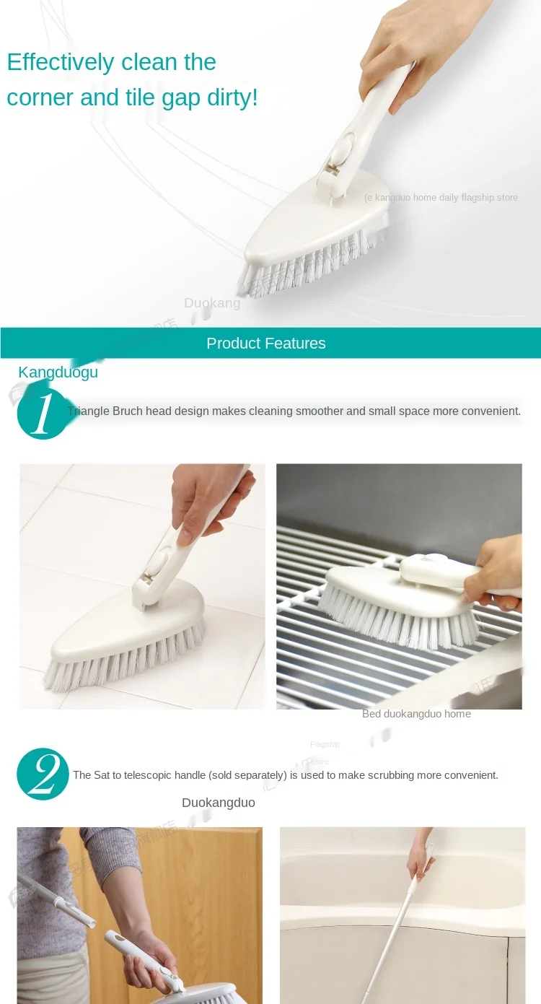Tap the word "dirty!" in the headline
click(x=229, y=97)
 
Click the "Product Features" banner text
click(x=265, y=344)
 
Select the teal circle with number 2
click(x=43, y=774)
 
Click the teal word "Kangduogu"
click(x=58, y=372)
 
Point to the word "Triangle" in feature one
click(x=88, y=411)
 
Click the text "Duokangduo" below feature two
click(x=218, y=803)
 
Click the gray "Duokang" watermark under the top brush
click(x=211, y=303)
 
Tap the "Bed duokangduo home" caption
click(x=416, y=714)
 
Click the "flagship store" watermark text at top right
click(x=491, y=198)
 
